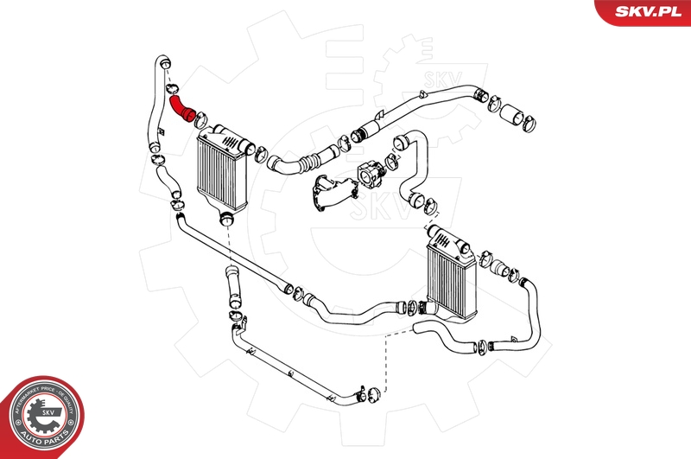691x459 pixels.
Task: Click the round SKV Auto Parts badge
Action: [41, 417]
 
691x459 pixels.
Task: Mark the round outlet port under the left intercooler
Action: [226, 217]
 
